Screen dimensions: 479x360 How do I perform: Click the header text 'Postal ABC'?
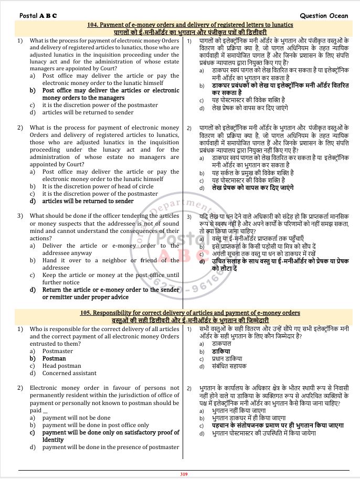pos(38,15)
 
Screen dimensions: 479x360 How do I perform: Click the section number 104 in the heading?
pos(92,25)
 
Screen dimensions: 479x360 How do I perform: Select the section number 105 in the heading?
pos(86,313)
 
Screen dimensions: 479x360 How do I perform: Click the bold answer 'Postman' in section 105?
pos(54,358)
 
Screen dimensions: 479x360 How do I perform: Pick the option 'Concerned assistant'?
pos(69,373)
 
